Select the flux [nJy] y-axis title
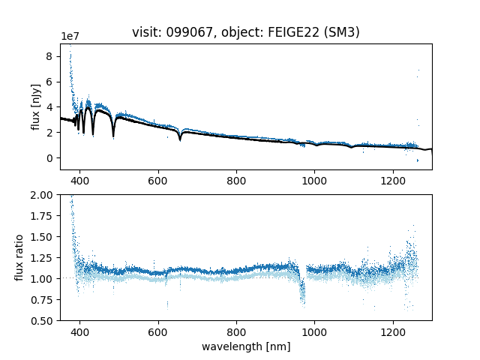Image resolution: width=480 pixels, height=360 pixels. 35,107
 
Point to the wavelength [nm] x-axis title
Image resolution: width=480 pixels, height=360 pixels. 246,346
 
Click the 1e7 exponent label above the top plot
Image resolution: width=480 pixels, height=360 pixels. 70,37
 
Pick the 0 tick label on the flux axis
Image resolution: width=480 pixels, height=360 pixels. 50,158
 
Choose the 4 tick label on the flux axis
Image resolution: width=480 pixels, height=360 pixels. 50,107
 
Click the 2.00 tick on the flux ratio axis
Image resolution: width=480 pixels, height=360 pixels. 43,195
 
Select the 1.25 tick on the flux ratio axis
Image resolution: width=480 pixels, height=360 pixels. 43,258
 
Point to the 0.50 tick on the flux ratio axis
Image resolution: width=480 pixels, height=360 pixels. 43,321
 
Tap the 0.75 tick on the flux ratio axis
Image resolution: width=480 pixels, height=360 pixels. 43,300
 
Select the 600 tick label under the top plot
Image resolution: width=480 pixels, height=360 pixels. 158,181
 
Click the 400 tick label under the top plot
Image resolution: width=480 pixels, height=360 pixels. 80,181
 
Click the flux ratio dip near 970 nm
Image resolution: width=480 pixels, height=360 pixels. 303,292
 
